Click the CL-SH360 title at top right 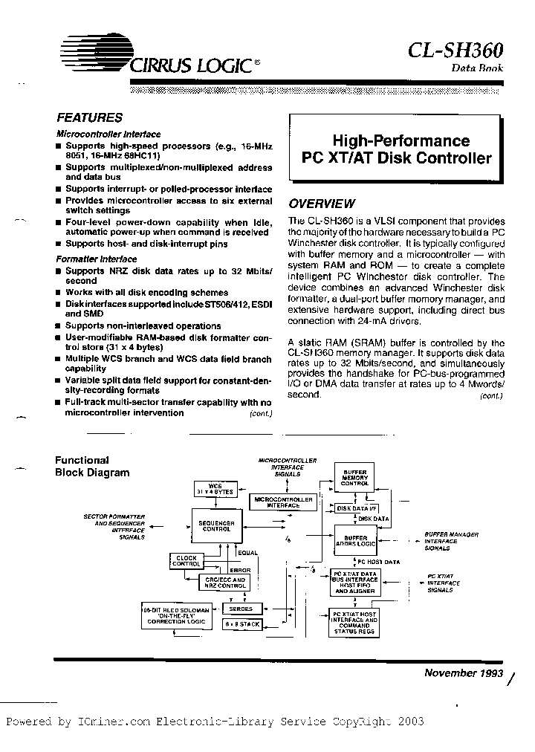455,49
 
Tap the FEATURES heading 89,117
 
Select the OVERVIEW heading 321,204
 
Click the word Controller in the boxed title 453,158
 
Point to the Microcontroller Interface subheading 108,134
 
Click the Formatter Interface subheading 97,259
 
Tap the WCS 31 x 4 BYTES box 215,489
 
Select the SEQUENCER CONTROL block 218,527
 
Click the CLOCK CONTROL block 187,561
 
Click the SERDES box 241,608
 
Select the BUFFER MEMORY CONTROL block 353,478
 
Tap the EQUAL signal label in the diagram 247,553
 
